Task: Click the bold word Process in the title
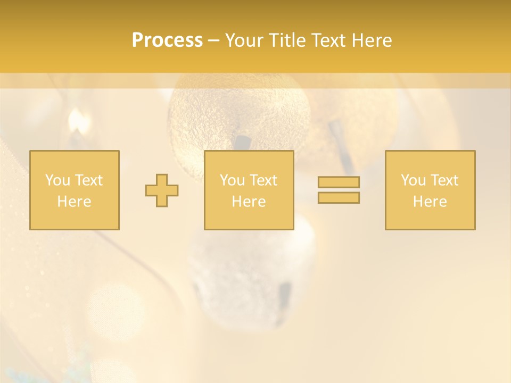point(167,40)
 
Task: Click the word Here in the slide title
point(373,40)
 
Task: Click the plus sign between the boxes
point(162,190)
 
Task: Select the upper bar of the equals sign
point(339,182)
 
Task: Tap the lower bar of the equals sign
point(339,197)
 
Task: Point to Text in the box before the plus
point(88,180)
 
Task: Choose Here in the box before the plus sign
point(74,202)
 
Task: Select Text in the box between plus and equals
point(263,180)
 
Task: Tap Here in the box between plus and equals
point(249,202)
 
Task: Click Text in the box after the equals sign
point(444,180)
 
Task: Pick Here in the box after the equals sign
point(430,202)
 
